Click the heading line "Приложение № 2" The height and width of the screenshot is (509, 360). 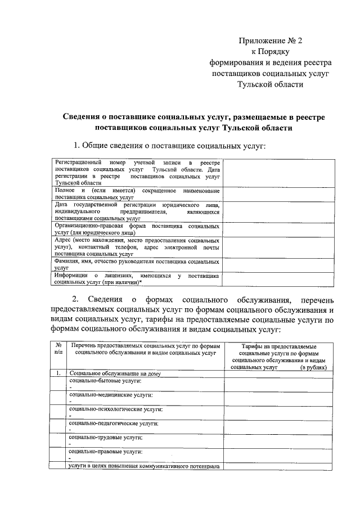click(x=271, y=40)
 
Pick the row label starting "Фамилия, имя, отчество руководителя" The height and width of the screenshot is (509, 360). click(x=137, y=265)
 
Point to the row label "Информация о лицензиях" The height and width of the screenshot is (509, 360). click(x=137, y=279)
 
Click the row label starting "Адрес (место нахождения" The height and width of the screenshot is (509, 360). click(x=137, y=247)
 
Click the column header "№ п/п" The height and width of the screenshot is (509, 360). click(x=58, y=349)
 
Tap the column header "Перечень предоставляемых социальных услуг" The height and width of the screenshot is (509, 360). click(x=145, y=349)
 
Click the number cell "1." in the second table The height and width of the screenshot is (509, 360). click(x=58, y=373)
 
